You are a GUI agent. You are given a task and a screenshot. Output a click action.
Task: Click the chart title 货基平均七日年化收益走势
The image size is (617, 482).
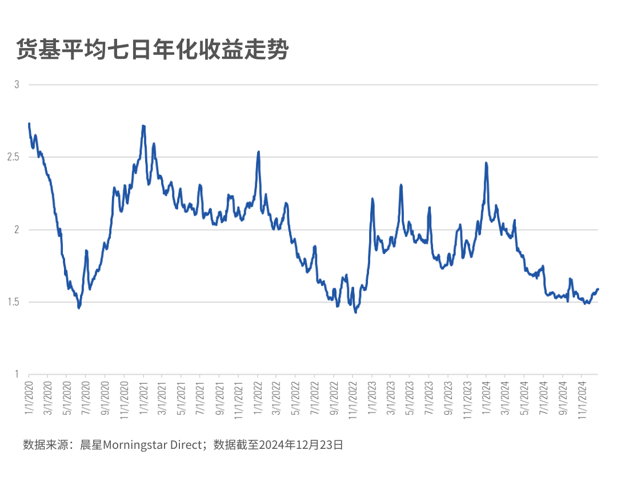152,50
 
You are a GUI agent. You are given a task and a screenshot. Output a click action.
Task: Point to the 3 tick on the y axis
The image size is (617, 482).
17,85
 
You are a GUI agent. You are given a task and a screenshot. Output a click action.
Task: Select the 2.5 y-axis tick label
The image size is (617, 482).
13,157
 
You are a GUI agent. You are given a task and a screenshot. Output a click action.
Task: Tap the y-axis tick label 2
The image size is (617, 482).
17,230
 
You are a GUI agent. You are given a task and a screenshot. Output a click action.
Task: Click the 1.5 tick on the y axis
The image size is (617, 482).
13,302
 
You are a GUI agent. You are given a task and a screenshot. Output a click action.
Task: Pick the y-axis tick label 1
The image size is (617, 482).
17,375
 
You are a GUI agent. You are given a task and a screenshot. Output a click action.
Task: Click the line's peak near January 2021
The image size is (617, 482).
143,126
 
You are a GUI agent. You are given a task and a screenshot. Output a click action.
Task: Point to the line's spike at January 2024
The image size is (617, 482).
486,163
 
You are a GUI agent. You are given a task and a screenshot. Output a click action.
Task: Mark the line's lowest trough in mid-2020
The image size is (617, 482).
79,308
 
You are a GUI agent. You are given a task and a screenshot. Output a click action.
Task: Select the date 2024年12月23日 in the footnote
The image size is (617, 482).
301,445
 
